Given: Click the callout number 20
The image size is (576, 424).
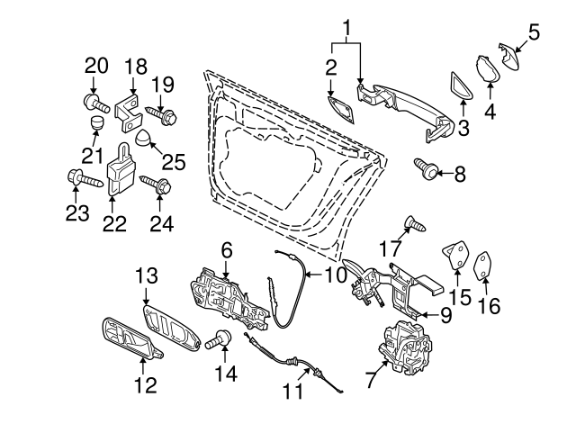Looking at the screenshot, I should [96, 65].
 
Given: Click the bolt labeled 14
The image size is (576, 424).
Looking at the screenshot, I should [219, 341].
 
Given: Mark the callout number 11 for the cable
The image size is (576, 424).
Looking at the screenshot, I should [291, 392].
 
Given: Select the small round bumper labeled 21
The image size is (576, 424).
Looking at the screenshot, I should [95, 123].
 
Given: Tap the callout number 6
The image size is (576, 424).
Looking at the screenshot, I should [226, 248].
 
